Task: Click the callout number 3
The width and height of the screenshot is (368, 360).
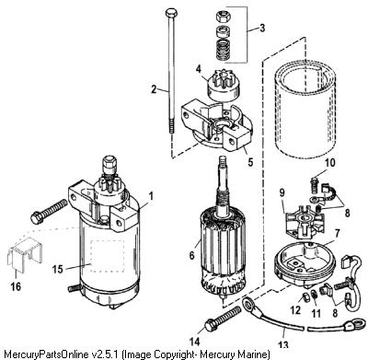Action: (261, 29)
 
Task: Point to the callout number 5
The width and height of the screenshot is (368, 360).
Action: (250, 162)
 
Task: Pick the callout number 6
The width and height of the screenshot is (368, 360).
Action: (191, 255)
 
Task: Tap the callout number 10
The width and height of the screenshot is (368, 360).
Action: (330, 163)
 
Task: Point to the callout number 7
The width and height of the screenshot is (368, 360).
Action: (337, 234)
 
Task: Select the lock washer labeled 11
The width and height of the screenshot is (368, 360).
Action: (315, 295)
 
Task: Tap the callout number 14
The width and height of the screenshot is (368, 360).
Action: (194, 342)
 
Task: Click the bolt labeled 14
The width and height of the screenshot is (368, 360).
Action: (223, 318)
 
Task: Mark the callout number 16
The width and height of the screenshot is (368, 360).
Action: (16, 286)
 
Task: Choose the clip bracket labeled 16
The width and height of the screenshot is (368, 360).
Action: (25, 253)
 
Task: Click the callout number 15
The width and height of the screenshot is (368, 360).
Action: (58, 269)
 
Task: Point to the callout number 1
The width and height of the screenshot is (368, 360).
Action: (151, 196)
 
